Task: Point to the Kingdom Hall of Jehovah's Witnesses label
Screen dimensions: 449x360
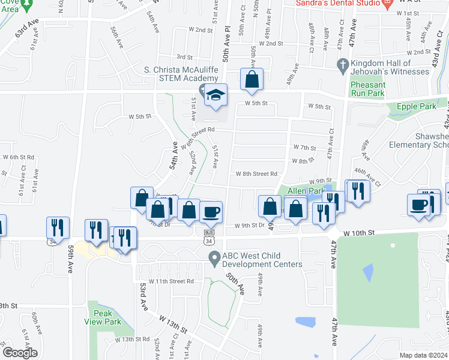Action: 391,67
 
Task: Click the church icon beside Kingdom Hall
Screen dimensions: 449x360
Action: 343,64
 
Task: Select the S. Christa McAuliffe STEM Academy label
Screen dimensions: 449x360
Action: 181,74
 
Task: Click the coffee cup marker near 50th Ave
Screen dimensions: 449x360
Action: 211,212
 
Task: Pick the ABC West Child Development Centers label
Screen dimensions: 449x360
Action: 262,260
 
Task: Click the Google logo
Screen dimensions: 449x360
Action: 20,353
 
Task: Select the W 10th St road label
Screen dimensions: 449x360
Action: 359,232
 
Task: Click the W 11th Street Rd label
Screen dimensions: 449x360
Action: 172,281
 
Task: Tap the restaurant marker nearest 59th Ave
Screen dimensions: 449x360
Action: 58,227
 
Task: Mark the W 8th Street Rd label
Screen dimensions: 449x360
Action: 256,174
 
